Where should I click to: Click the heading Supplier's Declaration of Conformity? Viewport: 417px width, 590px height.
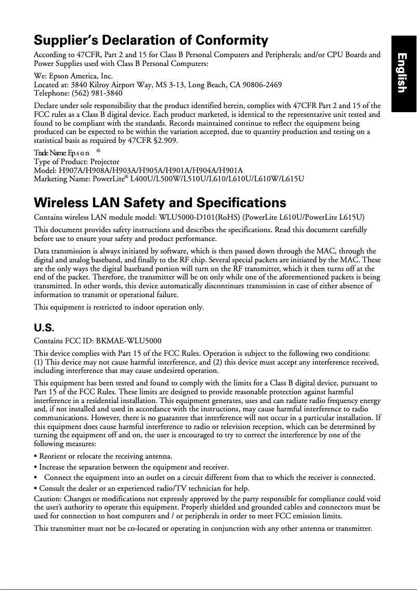151,41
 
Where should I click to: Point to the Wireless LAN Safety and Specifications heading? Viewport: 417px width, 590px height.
160,203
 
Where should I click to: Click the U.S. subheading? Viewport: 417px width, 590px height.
44,328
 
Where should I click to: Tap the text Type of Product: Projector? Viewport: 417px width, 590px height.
76,162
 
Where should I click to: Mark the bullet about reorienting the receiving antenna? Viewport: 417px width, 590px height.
103,457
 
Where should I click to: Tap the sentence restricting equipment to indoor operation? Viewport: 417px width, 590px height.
119,307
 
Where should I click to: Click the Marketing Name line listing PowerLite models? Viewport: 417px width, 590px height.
169,179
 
